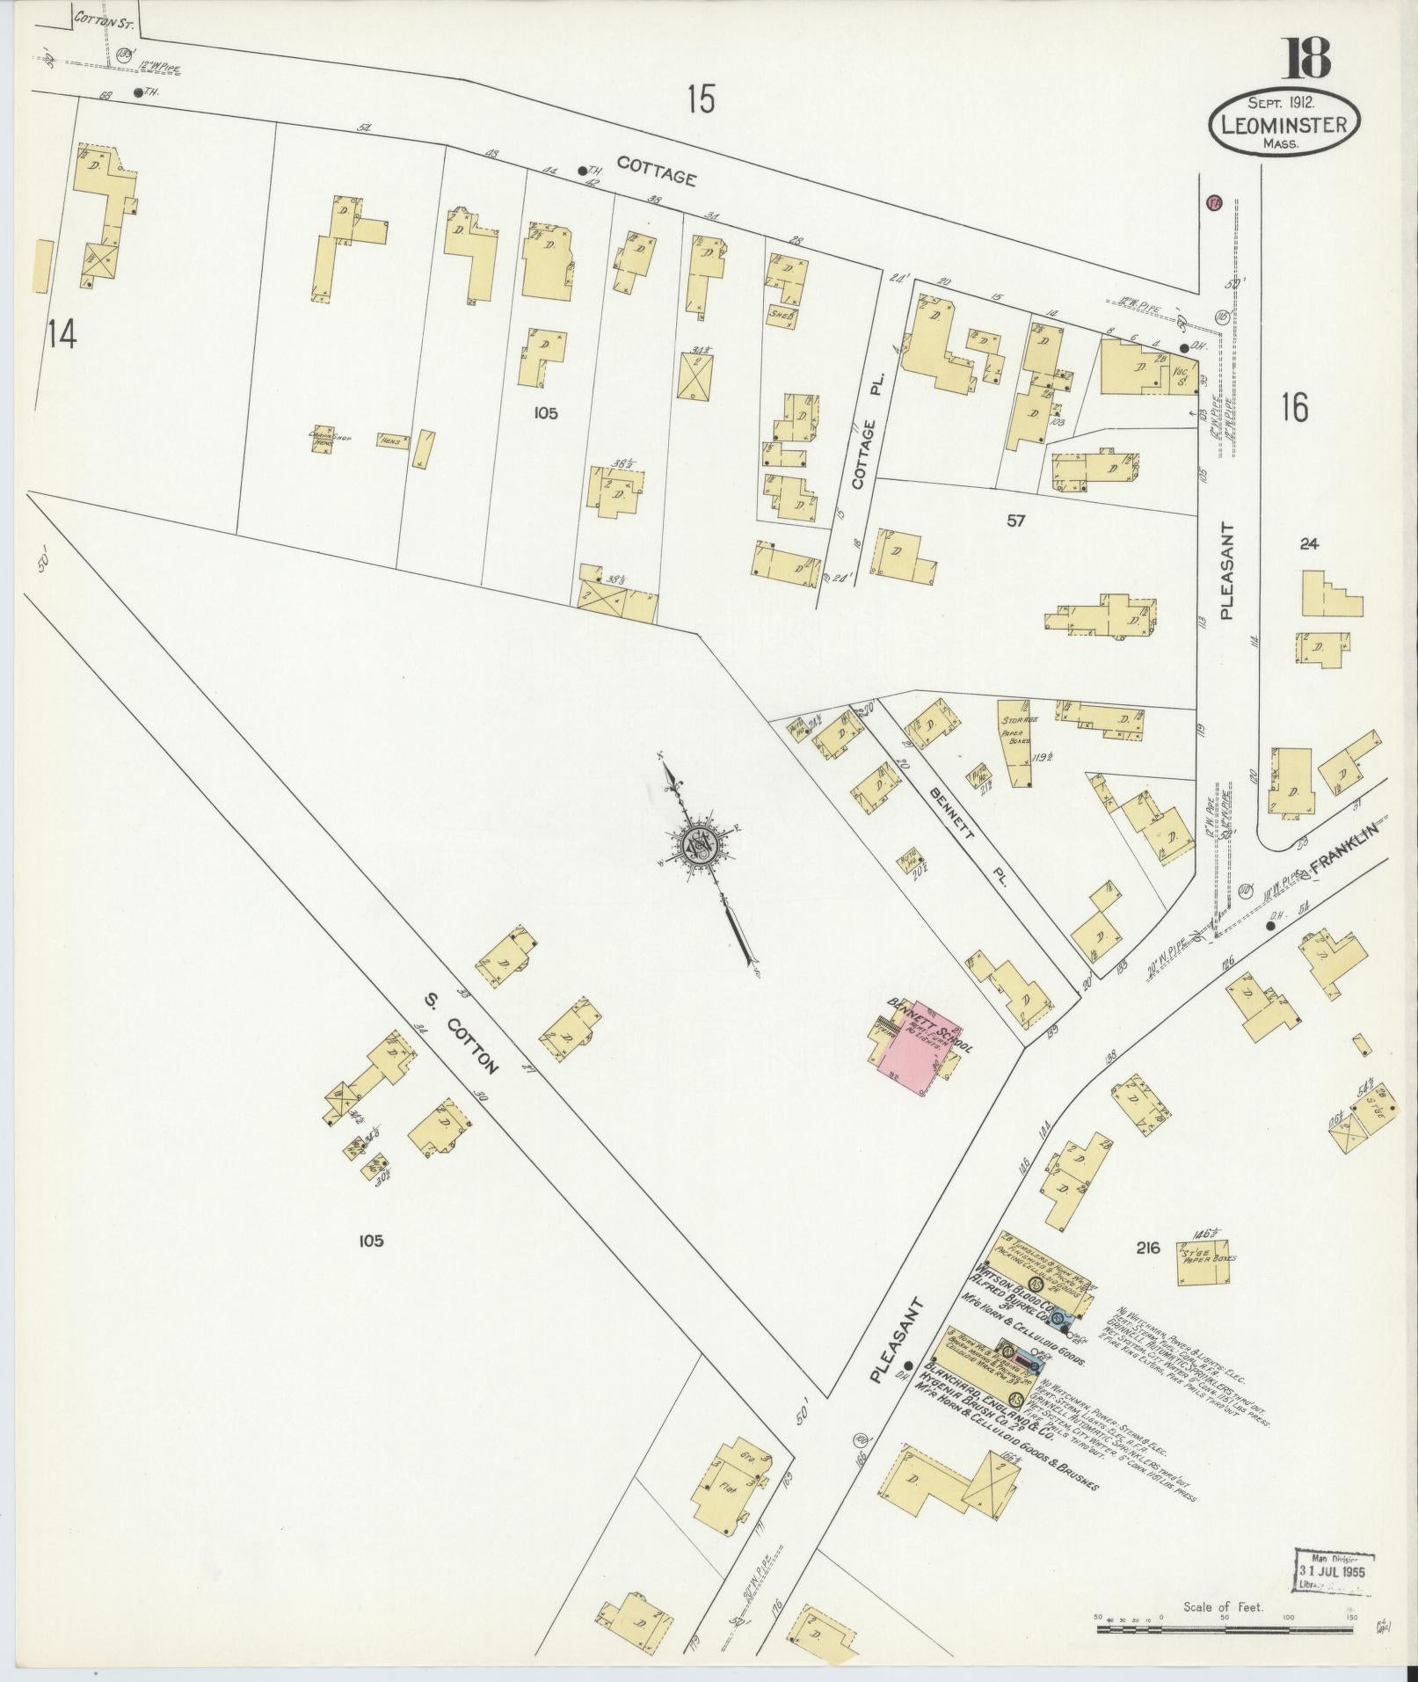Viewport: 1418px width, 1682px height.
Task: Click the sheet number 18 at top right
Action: click(1309, 57)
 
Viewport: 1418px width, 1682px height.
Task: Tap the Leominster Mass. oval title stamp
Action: click(1284, 124)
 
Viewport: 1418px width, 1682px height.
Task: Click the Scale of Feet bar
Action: click(1224, 1629)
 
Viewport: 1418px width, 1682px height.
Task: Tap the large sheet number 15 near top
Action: click(701, 100)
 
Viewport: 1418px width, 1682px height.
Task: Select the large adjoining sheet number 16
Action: click(1294, 408)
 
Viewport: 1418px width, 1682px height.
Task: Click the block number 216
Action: click(1148, 1247)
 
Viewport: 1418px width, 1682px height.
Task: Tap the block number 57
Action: click(1016, 521)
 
